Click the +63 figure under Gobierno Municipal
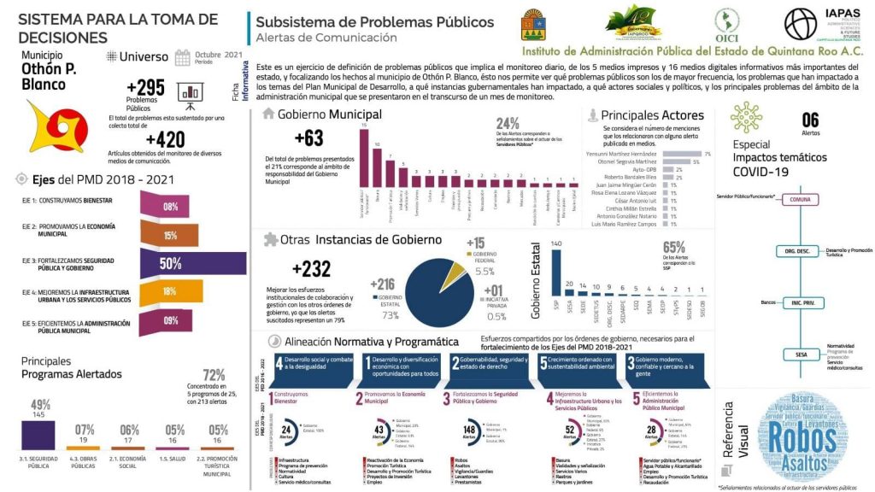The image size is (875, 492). pyautogui.click(x=308, y=138)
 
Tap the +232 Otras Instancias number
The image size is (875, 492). pyautogui.click(x=311, y=269)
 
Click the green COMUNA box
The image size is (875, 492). pyautogui.click(x=800, y=199)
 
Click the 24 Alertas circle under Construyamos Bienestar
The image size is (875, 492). pyautogui.click(x=288, y=431)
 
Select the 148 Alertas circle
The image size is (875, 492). pyautogui.click(x=467, y=431)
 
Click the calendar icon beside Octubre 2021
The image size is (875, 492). pyautogui.click(x=182, y=57)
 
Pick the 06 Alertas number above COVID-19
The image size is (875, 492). pyautogui.click(x=810, y=120)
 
